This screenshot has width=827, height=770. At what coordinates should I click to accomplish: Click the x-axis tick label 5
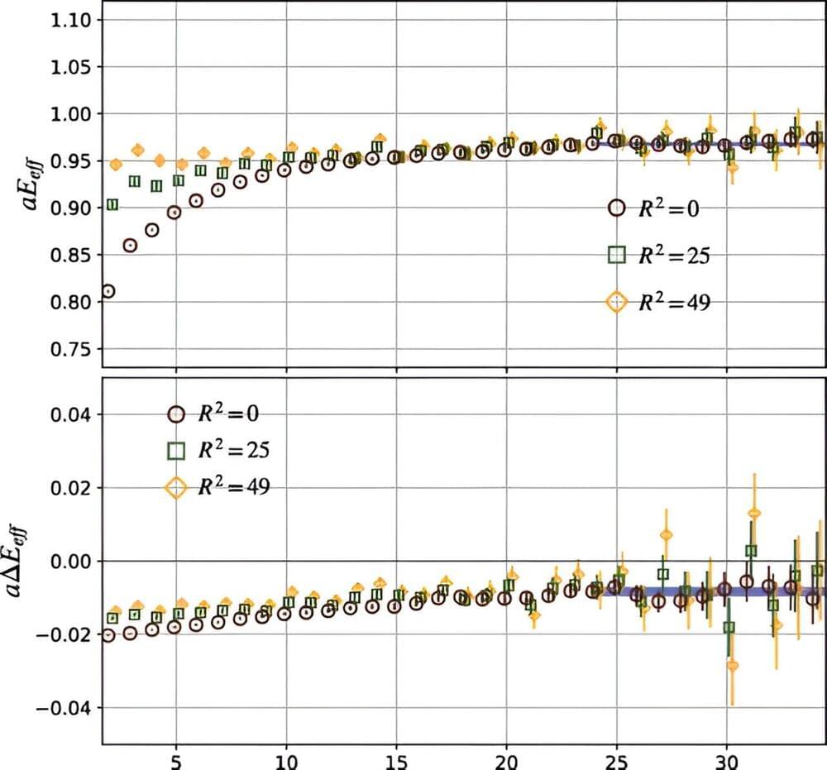(175, 759)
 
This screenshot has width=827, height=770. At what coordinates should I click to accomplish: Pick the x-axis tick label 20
(506, 759)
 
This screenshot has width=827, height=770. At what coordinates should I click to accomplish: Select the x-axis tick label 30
(727, 759)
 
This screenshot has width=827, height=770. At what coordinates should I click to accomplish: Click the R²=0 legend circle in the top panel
(615, 208)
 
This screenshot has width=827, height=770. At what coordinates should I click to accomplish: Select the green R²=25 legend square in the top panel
(615, 256)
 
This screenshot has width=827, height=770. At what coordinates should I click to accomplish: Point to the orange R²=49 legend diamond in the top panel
(615, 303)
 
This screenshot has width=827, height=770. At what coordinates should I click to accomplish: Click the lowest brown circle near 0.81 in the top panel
(108, 291)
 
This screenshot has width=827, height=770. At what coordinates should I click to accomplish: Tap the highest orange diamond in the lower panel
(753, 513)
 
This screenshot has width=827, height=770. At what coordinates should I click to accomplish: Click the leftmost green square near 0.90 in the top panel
(112, 204)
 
